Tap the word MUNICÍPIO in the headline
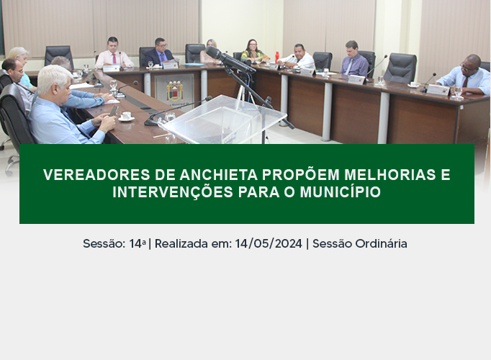(x=340, y=192)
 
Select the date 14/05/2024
(x=269, y=243)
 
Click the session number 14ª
(x=138, y=243)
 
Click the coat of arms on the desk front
(x=175, y=91)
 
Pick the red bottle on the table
(x=276, y=56)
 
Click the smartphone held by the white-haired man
(x=113, y=110)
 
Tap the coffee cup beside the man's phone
(x=126, y=116)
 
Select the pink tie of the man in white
(x=114, y=58)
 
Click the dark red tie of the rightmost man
(x=465, y=81)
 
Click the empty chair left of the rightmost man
(x=400, y=68)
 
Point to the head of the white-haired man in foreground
(x=55, y=82)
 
